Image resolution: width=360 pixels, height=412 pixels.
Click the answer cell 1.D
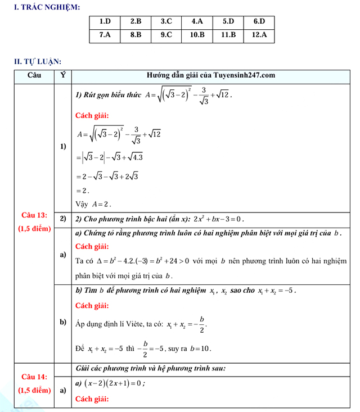pyautogui.click(x=105, y=22)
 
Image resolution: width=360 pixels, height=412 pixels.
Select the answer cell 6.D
pyautogui.click(x=259, y=22)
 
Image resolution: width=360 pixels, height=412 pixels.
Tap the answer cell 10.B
pyautogui.click(x=197, y=35)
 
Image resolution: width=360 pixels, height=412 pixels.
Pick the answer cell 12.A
pyautogui.click(x=259, y=35)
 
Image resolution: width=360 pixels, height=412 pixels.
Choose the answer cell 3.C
pyautogui.click(x=166, y=22)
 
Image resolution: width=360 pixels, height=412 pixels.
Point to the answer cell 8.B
pyautogui.click(x=136, y=35)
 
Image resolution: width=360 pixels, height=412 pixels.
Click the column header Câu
pyautogui.click(x=34, y=75)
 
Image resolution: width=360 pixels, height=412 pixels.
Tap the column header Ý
pyautogui.click(x=62, y=75)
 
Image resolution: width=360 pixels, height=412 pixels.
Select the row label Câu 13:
pyautogui.click(x=34, y=215)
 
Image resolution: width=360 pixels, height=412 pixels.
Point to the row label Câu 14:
pyautogui.click(x=34, y=377)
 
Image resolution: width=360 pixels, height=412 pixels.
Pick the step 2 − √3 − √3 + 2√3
pyautogui.click(x=107, y=176)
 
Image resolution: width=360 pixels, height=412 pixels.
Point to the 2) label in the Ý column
pyautogui.click(x=62, y=219)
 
